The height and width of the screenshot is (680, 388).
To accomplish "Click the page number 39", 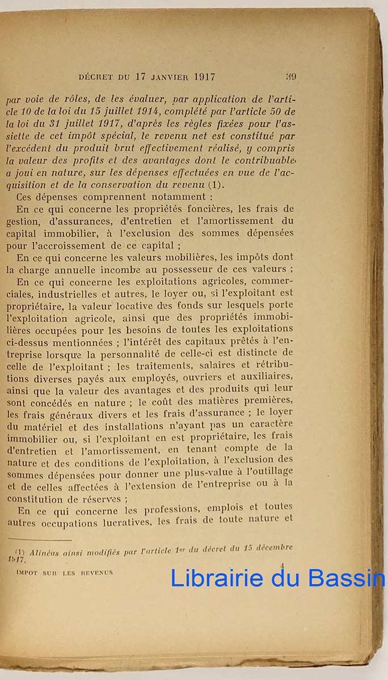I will click(291, 76).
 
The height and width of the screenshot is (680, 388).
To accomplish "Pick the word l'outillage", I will click(269, 471).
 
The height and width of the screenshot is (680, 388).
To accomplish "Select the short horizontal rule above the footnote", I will click(40, 541).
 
